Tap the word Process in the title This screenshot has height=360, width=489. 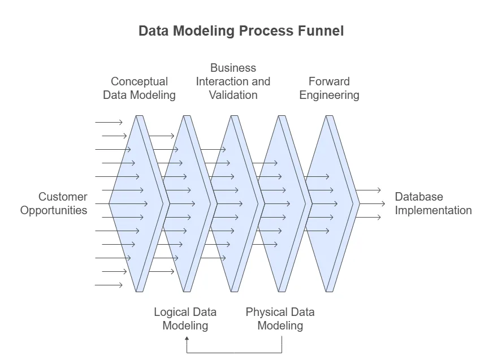(265, 31)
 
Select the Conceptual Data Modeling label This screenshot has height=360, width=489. (139, 88)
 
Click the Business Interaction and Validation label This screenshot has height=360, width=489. (233, 81)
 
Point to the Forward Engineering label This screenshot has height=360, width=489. (329, 88)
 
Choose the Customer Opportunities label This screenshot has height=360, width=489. (54, 203)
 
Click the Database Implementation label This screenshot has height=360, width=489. (433, 203)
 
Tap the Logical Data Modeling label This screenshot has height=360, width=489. (185, 319)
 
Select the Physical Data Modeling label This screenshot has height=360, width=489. (280, 319)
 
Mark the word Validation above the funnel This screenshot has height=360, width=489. (233, 95)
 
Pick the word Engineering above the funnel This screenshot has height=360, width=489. (329, 95)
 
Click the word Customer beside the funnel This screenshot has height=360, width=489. (63, 197)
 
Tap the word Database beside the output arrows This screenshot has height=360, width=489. (419, 197)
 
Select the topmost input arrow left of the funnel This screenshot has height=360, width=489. (109, 122)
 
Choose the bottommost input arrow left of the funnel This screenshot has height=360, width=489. (109, 285)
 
